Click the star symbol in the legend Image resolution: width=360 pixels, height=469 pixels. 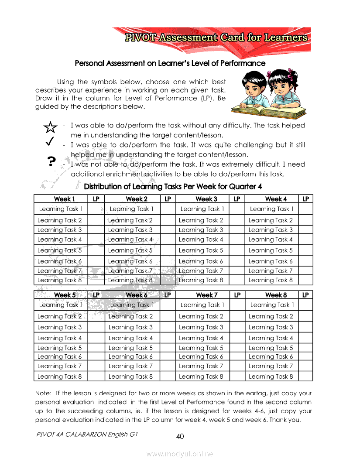[51, 127]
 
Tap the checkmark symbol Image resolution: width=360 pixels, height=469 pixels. [49, 141]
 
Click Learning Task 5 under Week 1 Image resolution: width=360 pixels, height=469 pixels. [60, 250]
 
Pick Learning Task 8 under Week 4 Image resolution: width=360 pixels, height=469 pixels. [271, 280]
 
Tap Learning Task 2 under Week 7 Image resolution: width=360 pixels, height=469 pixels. [201, 316]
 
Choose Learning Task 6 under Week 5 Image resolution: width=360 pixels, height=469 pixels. [60, 356]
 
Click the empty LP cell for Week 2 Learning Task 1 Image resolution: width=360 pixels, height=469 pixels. [167, 209]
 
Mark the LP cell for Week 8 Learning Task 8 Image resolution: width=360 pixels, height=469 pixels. [306, 376]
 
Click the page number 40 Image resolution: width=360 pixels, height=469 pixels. [180, 436]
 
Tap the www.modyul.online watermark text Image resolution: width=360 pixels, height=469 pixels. [180, 454]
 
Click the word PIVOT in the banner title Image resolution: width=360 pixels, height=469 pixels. [141, 38]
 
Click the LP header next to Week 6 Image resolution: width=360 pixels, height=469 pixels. [167, 295]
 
